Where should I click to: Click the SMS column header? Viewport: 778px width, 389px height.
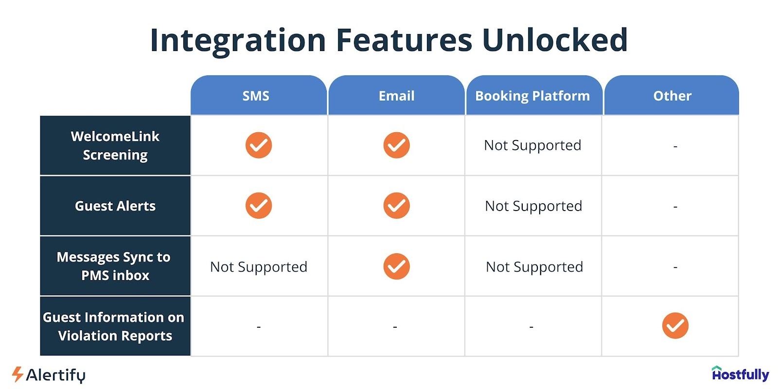pyautogui.click(x=256, y=96)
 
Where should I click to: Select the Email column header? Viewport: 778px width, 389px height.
pyautogui.click(x=396, y=96)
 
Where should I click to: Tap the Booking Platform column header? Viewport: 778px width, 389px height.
pyautogui.click(x=532, y=96)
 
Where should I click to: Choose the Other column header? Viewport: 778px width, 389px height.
pyautogui.click(x=672, y=96)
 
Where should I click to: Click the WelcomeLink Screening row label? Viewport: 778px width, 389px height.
pyautogui.click(x=115, y=145)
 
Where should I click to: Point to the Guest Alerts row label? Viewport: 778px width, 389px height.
pyautogui.click(x=115, y=206)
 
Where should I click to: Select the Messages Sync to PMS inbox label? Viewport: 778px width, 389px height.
pyautogui.click(x=114, y=266)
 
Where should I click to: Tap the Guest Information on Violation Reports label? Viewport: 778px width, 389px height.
pyautogui.click(x=114, y=326)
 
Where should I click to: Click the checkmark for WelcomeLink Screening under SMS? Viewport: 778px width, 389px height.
pyautogui.click(x=259, y=145)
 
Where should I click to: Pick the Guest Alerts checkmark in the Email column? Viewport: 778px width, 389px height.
pyautogui.click(x=397, y=206)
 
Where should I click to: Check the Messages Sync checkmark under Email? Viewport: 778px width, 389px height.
pyautogui.click(x=397, y=266)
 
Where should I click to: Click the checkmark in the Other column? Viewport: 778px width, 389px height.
pyautogui.click(x=675, y=326)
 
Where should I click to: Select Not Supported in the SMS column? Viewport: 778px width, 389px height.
pyautogui.click(x=259, y=267)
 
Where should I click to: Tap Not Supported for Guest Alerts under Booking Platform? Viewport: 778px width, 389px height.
pyautogui.click(x=533, y=206)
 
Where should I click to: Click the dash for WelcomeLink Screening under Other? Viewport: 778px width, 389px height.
pyautogui.click(x=675, y=146)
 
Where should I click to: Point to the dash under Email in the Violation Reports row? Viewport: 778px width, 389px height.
pyautogui.click(x=395, y=327)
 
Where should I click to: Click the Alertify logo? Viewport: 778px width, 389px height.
pyautogui.click(x=49, y=375)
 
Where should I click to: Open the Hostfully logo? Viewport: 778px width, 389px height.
pyautogui.click(x=740, y=374)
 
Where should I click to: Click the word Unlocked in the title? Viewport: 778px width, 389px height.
pyautogui.click(x=555, y=40)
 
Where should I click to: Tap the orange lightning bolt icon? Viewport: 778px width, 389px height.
pyautogui.click(x=18, y=374)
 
